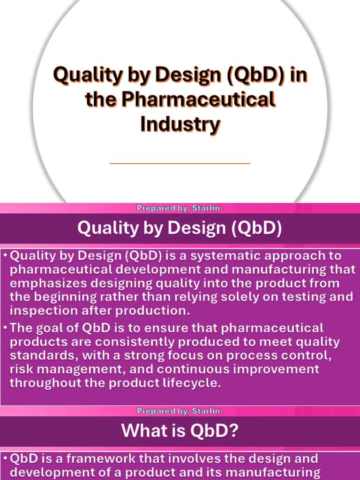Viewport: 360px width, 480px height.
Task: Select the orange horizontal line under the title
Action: pos(180,163)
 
